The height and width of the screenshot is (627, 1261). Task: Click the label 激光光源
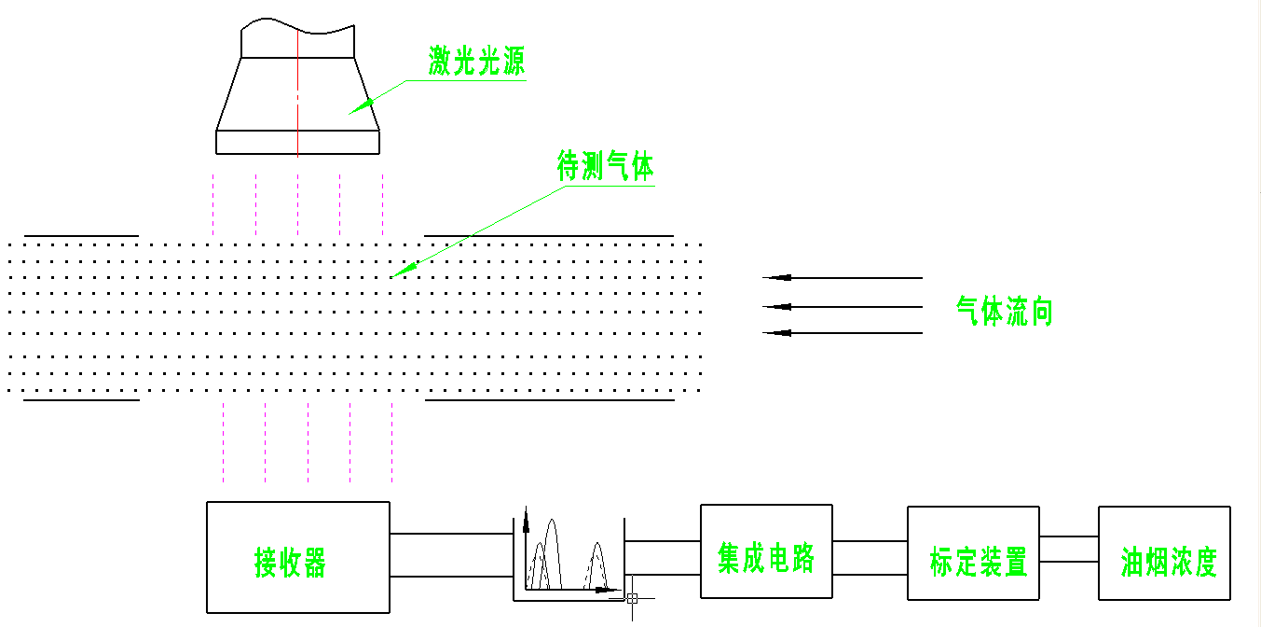(476, 63)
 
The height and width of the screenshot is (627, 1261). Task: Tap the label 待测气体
(605, 167)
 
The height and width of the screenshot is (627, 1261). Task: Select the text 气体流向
(1004, 311)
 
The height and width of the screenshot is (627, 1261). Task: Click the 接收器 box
(297, 557)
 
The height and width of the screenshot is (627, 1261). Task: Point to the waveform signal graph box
(569, 558)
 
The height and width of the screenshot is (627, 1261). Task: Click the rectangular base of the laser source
(297, 142)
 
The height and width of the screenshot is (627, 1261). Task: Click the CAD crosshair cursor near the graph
(632, 598)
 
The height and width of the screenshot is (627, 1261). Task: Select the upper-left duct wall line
(81, 236)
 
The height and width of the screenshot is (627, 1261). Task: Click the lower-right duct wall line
(549, 400)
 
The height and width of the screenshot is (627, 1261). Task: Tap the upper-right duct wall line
(549, 236)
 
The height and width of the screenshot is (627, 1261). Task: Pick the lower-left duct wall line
(81, 400)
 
